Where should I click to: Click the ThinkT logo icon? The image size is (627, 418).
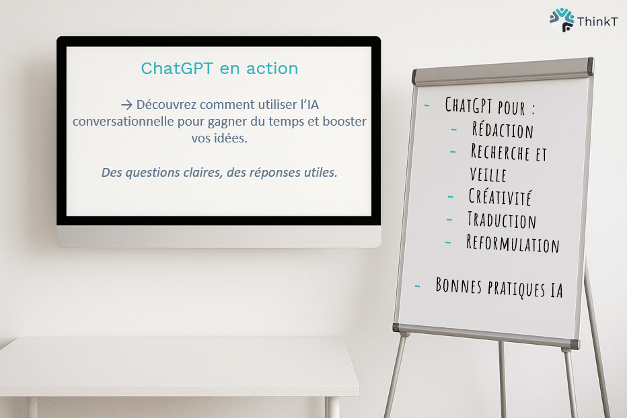562,19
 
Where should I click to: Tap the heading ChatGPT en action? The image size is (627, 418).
219,69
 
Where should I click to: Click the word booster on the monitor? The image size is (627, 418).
342,122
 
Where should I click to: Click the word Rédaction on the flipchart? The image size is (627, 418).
503,130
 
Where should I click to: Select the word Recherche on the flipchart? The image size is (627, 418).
499,152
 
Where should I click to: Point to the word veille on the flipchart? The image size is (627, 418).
488,174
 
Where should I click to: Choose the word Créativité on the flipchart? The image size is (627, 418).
500,198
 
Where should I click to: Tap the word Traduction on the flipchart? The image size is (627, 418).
501,220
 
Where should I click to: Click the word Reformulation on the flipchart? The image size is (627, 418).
513,243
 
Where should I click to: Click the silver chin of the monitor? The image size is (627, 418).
219,236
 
